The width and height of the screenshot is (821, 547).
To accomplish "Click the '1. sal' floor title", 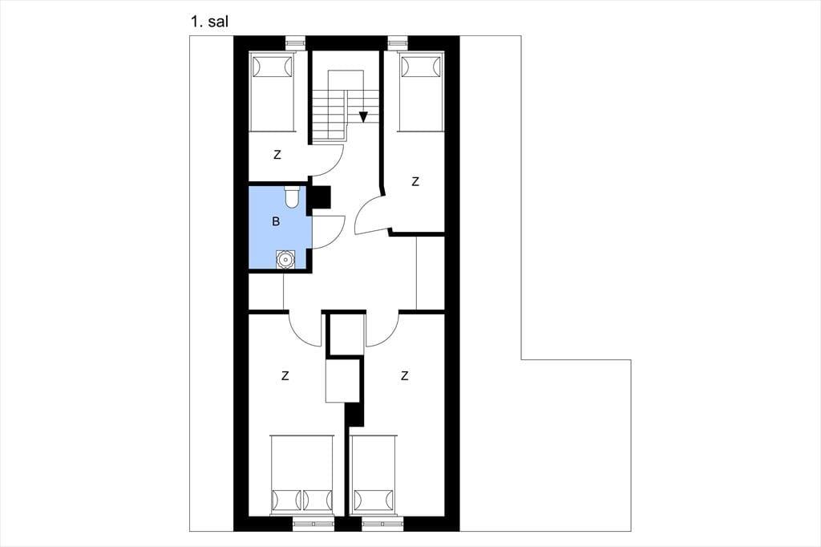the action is (209, 22).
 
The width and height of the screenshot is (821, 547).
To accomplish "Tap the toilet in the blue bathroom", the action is (292, 197).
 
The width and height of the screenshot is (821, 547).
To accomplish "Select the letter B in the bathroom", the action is (276, 221).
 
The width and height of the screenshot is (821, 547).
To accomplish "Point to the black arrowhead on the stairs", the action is (363, 117).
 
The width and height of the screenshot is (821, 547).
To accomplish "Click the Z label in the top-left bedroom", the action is (277, 155).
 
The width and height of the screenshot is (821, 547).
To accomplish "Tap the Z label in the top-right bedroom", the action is (415, 182).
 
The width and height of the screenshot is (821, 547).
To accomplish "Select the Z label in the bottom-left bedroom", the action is (285, 375).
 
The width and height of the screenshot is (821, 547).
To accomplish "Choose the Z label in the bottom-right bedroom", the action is (404, 375).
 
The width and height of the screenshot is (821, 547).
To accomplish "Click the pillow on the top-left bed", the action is (271, 66).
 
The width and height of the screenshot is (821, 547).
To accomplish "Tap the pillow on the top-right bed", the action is (420, 66).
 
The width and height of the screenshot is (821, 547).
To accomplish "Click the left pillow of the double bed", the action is (286, 500).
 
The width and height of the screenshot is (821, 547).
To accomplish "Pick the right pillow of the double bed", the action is (317, 500).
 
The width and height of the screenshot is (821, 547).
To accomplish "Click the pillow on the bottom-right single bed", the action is (374, 500).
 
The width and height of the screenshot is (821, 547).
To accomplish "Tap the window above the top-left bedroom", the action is (294, 42).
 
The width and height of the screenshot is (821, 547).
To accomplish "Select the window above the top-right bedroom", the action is (398, 42).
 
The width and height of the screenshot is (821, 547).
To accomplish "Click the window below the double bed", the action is (313, 522).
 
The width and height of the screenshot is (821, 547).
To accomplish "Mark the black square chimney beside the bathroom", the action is (321, 197).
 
